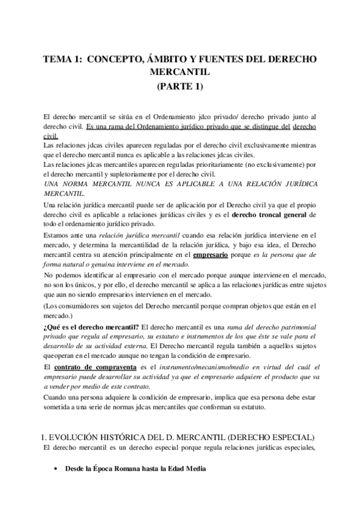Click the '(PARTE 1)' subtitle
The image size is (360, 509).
tap(179, 86)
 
